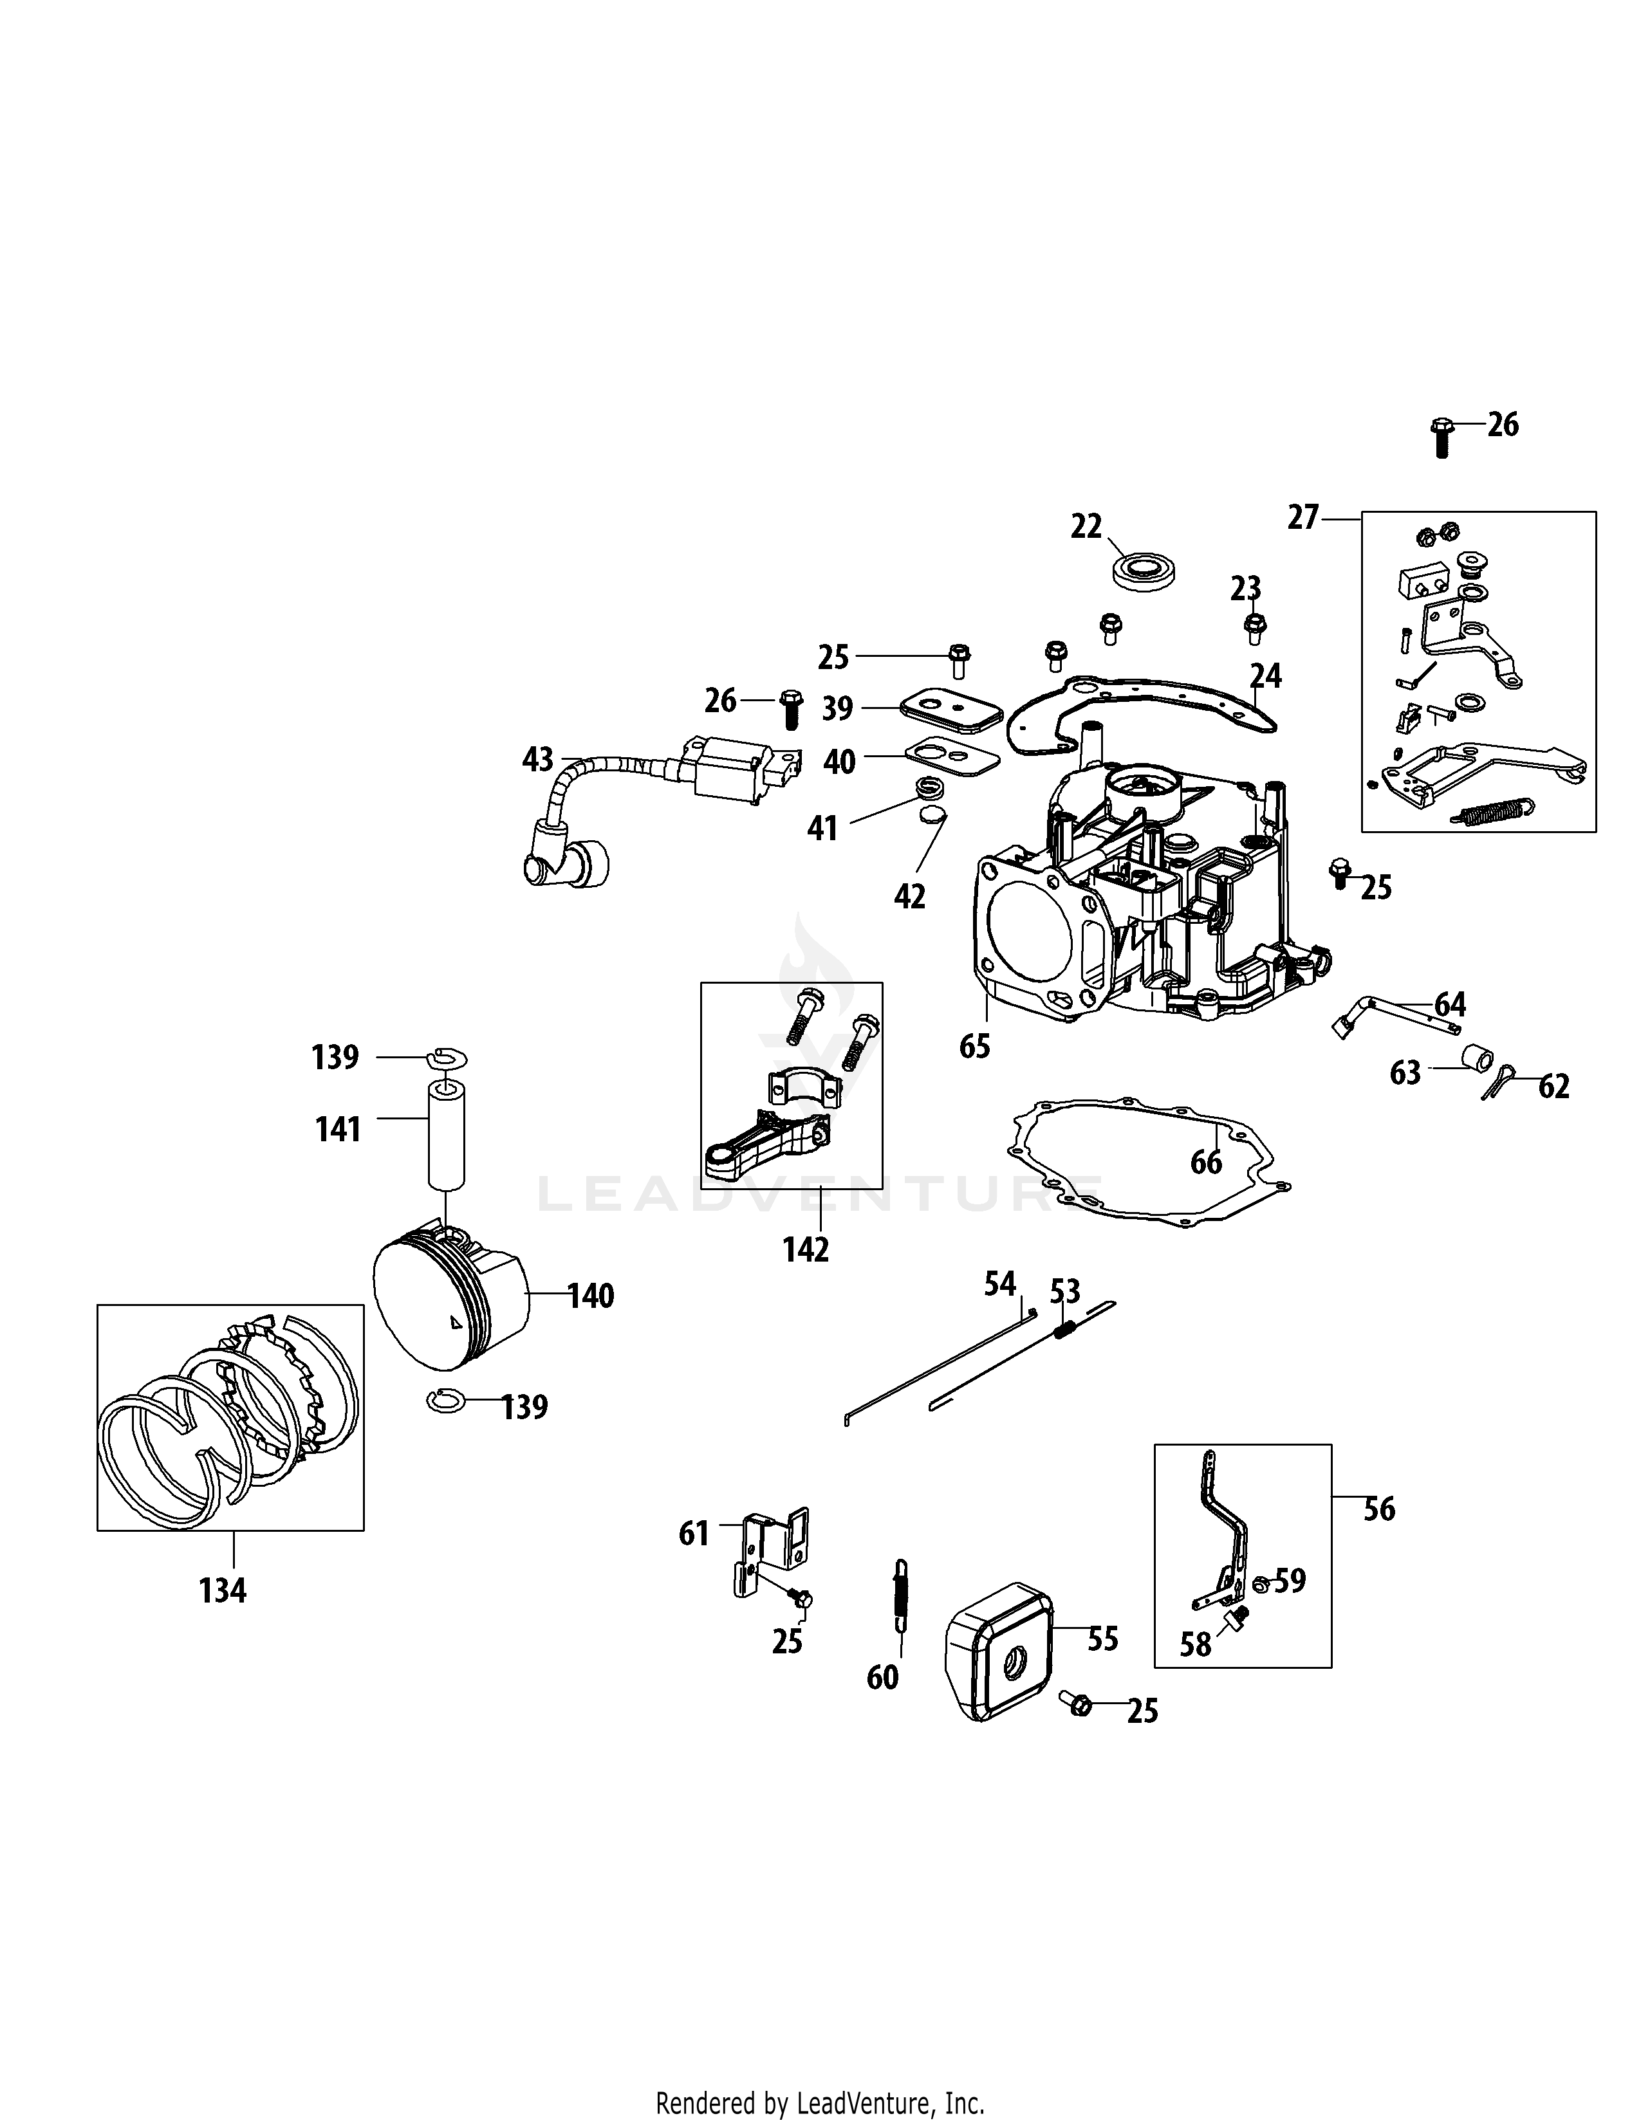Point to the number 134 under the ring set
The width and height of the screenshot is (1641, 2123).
pos(223,1591)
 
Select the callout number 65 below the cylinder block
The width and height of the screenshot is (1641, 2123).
pos(974,1046)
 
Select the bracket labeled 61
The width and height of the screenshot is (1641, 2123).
pos(773,1550)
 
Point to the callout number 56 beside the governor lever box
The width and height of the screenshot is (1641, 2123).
pos(1378,1510)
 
